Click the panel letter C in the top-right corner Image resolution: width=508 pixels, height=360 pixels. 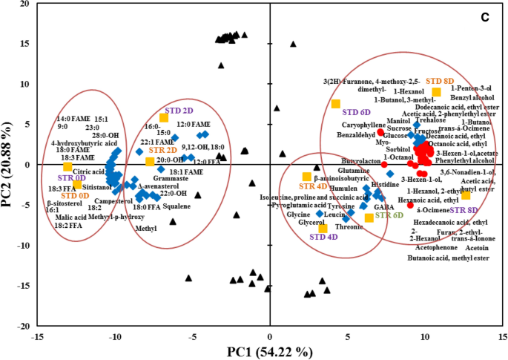pyautogui.click(x=483, y=16)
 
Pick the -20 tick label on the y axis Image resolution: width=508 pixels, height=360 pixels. pyautogui.click(x=22, y=326)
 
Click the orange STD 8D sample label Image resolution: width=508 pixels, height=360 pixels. pyautogui.click(x=441, y=80)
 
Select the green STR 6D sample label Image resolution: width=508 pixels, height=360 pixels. pyautogui.click(x=389, y=215)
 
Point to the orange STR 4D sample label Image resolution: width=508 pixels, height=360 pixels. pyautogui.click(x=312, y=186)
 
